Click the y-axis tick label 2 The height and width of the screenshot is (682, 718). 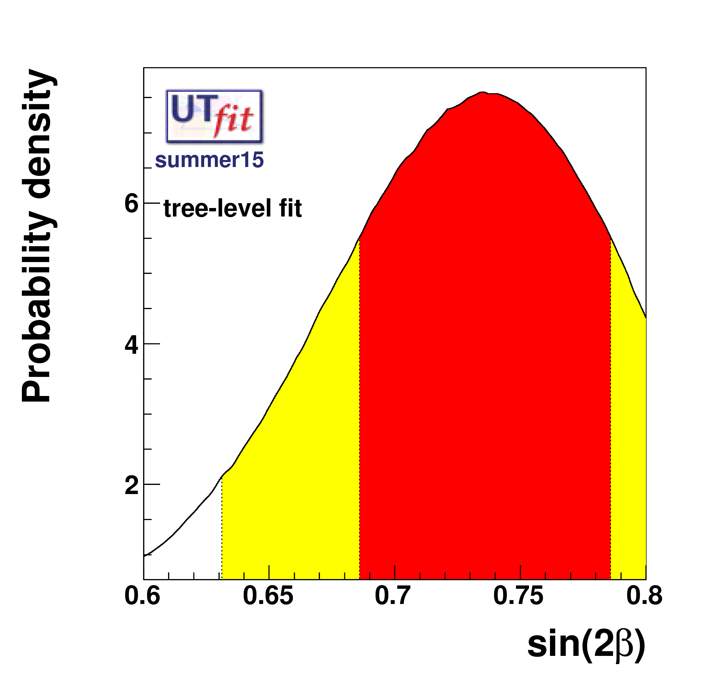131,486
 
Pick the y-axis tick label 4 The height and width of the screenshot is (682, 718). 131,345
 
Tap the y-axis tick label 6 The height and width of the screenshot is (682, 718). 131,204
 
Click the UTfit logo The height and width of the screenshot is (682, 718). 214,116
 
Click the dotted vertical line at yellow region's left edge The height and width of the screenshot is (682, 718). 222,527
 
